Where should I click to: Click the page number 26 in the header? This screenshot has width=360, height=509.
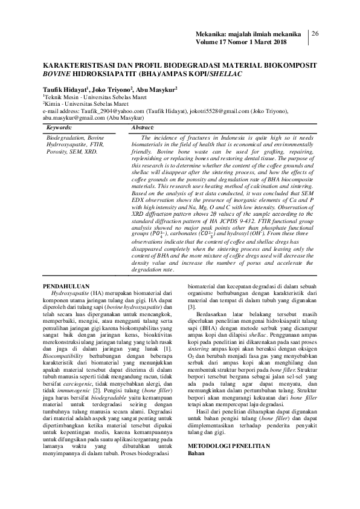point(315,34)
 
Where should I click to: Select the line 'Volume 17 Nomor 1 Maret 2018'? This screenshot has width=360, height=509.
point(238,43)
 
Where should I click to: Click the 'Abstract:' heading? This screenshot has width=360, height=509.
point(143,128)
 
